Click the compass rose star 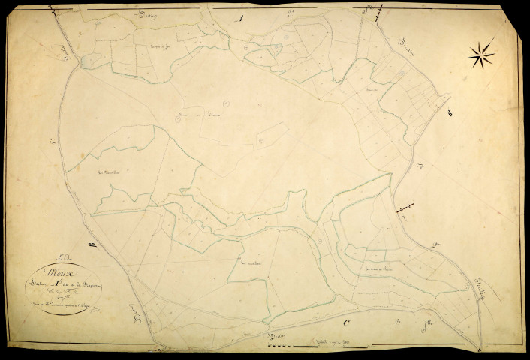coord(480,54)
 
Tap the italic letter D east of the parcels coord(449,112)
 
